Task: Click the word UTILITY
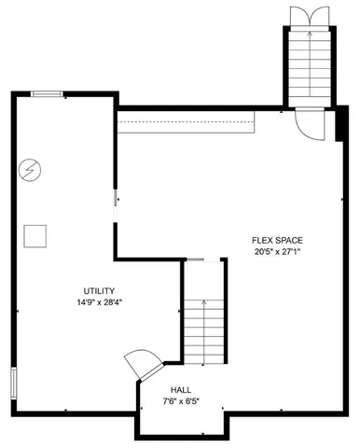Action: click(x=99, y=291)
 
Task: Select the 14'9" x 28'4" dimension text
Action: click(x=99, y=302)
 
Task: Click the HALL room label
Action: click(x=181, y=390)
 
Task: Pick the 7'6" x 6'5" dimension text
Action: click(x=181, y=402)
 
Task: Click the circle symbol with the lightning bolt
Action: click(x=31, y=169)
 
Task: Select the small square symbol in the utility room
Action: click(x=35, y=235)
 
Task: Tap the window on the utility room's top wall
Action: click(x=48, y=93)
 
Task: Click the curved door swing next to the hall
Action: click(x=143, y=362)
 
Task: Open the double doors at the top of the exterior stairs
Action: click(x=307, y=16)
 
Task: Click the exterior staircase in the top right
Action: click(x=307, y=65)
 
